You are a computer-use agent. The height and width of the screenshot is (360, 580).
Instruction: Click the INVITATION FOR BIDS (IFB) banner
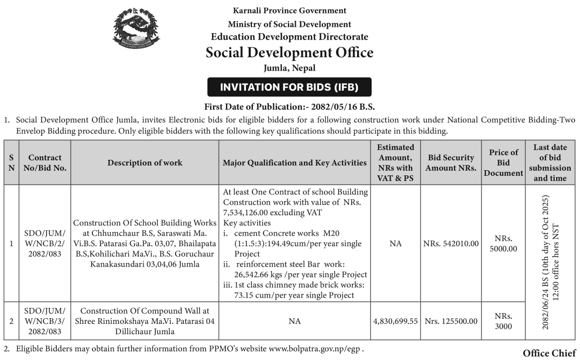[x=289, y=87]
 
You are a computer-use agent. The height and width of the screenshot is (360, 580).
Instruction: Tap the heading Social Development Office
[x=289, y=53]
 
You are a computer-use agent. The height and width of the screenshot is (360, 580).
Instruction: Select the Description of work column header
[x=144, y=163]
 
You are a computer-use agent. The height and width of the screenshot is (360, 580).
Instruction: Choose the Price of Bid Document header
[x=503, y=162]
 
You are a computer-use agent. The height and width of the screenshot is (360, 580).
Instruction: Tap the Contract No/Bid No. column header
[x=45, y=163]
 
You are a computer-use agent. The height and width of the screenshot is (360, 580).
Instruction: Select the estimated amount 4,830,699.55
[x=395, y=321]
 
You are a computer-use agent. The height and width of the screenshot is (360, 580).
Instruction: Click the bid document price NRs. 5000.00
[x=503, y=242]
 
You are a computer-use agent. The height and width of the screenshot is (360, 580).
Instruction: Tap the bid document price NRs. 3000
[x=503, y=320]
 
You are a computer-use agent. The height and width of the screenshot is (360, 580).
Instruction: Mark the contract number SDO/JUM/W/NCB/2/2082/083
[x=45, y=242]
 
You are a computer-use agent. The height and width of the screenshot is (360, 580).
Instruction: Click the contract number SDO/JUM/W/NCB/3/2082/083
[x=45, y=320]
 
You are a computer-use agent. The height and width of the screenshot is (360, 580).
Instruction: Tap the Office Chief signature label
[x=549, y=353]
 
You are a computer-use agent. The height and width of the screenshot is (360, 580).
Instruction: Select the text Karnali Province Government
[x=289, y=10]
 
